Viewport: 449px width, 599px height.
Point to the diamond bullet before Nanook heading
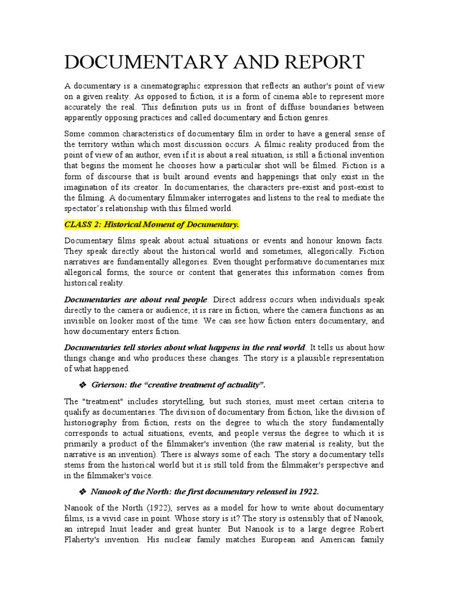pyautogui.click(x=82, y=491)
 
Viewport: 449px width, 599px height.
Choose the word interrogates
pyautogui.click(x=234, y=198)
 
